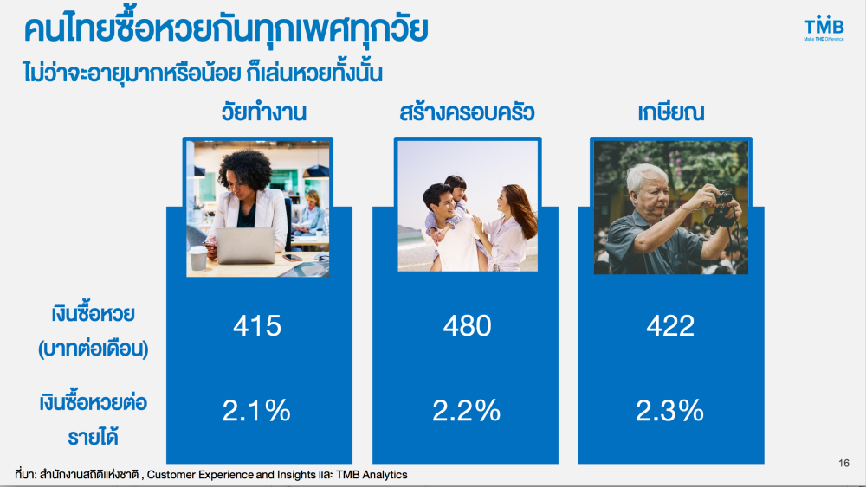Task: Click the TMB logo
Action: pos(824,29)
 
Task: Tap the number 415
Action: pos(257,325)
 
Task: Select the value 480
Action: pos(467,325)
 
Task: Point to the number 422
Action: pos(670,325)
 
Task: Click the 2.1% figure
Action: pos(256,411)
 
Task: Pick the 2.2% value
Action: pos(466,411)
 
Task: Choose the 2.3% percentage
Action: pos(669,411)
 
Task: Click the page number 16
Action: pos(843,463)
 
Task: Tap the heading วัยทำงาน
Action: pos(263,112)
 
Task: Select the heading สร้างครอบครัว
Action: pos(467,112)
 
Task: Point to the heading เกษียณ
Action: pos(670,112)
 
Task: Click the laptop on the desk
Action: pos(245,246)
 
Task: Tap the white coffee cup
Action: pos(198,258)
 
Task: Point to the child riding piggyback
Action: pos(450,207)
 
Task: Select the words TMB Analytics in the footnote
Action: pos(372,474)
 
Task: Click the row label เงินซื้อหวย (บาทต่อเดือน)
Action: pos(93,331)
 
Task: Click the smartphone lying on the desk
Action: pos(292,258)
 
